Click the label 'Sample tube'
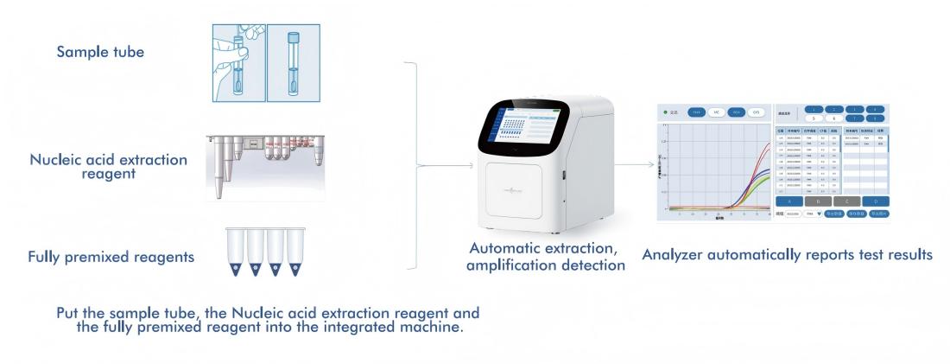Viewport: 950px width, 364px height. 100,53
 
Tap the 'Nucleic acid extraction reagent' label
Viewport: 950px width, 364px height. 108,167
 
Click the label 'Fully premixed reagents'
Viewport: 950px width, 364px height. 111,257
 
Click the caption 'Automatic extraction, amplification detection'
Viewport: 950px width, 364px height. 545,257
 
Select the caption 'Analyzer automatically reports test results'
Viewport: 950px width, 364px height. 787,255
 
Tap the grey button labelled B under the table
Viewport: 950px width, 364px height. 817,200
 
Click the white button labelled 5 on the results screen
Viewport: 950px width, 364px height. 815,118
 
